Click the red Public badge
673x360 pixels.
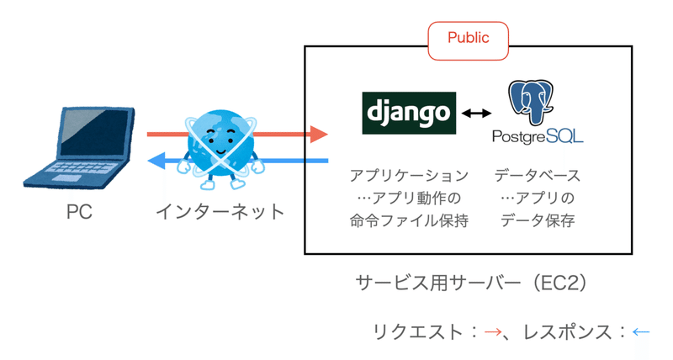coord(468,39)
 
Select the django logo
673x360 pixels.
coord(409,113)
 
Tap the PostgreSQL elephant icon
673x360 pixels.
coord(537,103)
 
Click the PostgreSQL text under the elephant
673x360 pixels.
coord(538,137)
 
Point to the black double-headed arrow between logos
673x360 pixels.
coord(475,113)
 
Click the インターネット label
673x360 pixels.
coord(220,211)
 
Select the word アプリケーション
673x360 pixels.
coord(409,177)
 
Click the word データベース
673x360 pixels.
coord(538,177)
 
